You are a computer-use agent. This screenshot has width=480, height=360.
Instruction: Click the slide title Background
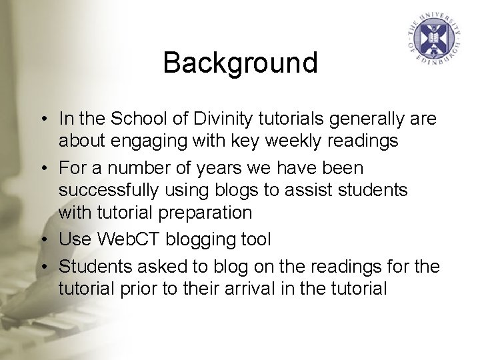[x=240, y=63]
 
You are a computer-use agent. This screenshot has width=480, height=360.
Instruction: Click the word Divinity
[x=227, y=119]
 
